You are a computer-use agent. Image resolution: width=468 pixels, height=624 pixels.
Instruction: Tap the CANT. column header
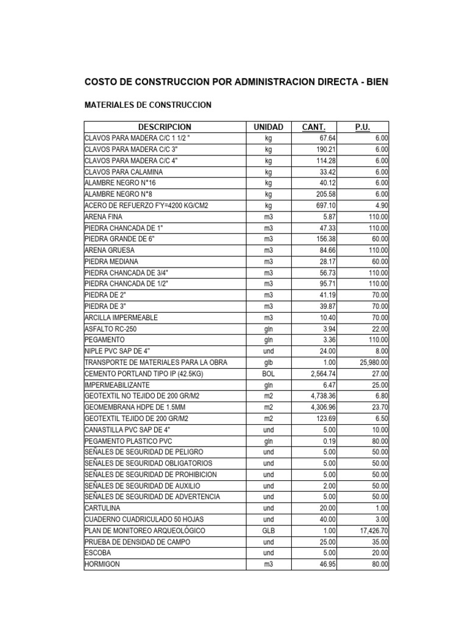pos(314,127)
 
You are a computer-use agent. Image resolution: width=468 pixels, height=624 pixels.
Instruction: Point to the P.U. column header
pos(363,127)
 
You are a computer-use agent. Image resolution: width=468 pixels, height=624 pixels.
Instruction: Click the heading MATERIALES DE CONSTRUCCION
pos(147,105)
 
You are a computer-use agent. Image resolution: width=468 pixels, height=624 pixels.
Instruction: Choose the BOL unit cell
pos(269,374)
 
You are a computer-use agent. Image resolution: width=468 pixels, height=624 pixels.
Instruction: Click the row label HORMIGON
pos(102,564)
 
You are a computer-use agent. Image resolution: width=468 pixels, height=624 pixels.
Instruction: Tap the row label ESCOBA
pos(98,553)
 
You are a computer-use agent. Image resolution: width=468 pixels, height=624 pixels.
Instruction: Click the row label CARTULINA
pos(103,508)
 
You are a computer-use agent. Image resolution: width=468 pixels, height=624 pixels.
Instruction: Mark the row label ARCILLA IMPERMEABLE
pos(121,317)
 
